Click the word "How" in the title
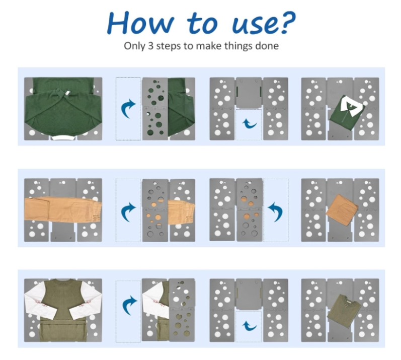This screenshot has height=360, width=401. click(141, 23)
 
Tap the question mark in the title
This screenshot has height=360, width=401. click(288, 22)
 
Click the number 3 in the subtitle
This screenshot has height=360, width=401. click(151, 46)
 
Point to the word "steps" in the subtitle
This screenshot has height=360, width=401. click(169, 46)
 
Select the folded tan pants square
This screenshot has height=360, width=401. click(342, 209)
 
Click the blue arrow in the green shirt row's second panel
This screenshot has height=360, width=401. click(128, 108)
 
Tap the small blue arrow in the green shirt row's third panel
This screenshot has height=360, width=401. click(249, 124)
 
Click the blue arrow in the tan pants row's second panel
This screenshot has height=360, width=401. click(128, 212)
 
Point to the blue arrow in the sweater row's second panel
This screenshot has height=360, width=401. click(129, 305)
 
